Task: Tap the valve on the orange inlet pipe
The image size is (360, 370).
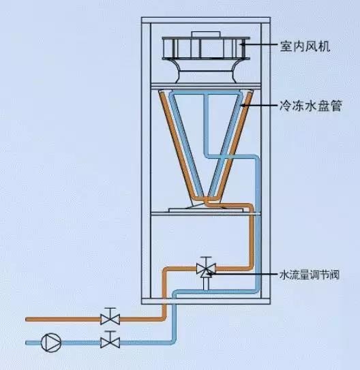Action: (108, 318)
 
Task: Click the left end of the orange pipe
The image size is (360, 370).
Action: (27, 318)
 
